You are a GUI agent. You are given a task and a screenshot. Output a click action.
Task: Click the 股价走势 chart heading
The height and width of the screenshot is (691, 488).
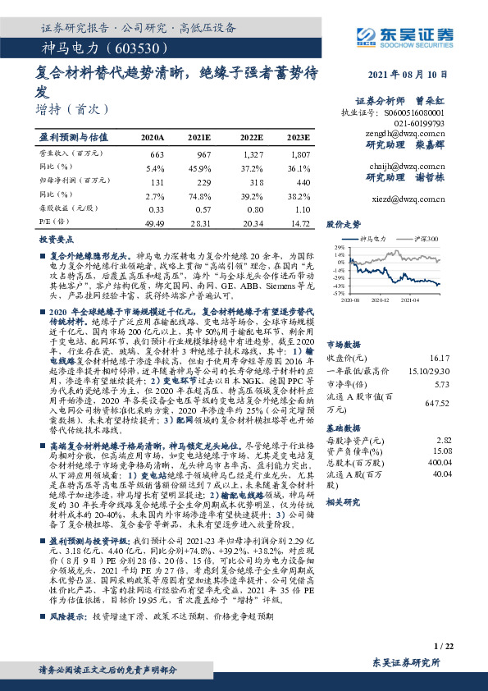(x=344, y=223)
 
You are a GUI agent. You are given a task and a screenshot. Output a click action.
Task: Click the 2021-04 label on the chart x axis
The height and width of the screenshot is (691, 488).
(x=411, y=300)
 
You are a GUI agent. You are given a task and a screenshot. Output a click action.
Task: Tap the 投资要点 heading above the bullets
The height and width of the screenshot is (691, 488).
(x=57, y=237)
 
